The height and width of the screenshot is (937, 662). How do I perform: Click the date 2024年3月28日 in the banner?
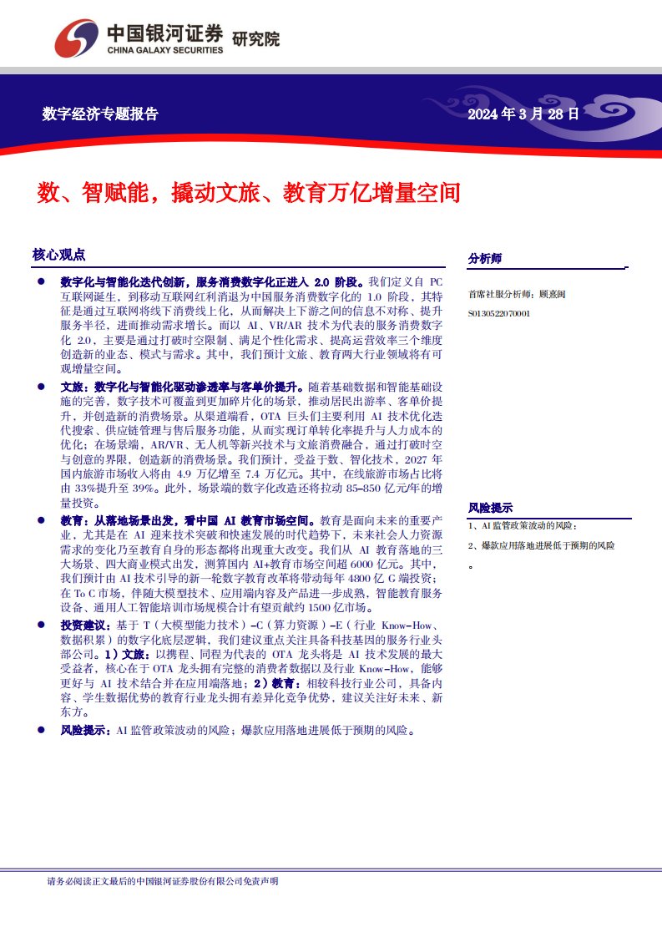[523, 114]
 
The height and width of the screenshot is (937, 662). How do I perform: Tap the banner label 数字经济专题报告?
[100, 114]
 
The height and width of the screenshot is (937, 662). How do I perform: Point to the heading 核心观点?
[58, 255]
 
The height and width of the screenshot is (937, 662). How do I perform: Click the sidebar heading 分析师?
[485, 260]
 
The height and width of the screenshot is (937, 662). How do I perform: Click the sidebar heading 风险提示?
[490, 508]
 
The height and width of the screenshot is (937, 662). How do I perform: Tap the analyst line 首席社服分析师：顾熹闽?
[518, 295]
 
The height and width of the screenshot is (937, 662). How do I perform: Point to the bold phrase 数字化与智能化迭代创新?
[126, 282]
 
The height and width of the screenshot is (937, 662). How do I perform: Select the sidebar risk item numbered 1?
[523, 526]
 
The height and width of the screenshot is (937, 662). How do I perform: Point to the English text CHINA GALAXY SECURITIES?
[164, 50]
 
